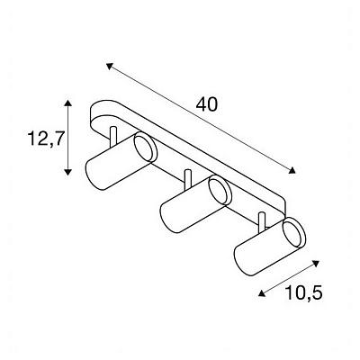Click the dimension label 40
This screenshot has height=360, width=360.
click(x=206, y=105)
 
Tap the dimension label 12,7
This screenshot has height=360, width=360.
click(x=46, y=139)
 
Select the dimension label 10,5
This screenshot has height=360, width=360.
click(x=303, y=292)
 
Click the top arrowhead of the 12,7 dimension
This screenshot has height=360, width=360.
click(x=68, y=103)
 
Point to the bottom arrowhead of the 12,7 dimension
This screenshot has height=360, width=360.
click(x=68, y=172)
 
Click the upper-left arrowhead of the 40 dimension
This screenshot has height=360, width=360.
click(x=110, y=66)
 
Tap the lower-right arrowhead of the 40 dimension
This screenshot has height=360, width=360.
click(x=292, y=170)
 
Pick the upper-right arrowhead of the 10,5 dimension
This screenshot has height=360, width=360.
click(x=316, y=264)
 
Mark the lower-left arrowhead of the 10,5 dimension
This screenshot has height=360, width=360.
click(x=262, y=293)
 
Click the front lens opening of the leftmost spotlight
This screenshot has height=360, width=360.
click(x=146, y=148)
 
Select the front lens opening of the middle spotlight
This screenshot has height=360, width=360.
click(x=220, y=191)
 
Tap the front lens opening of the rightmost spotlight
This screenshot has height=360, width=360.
click(x=294, y=233)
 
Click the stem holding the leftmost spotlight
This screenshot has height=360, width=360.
click(x=113, y=137)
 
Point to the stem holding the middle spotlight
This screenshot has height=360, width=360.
click(x=188, y=179)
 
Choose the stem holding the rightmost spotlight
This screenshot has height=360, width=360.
click(x=262, y=222)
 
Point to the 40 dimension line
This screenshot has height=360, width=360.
click(x=201, y=118)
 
